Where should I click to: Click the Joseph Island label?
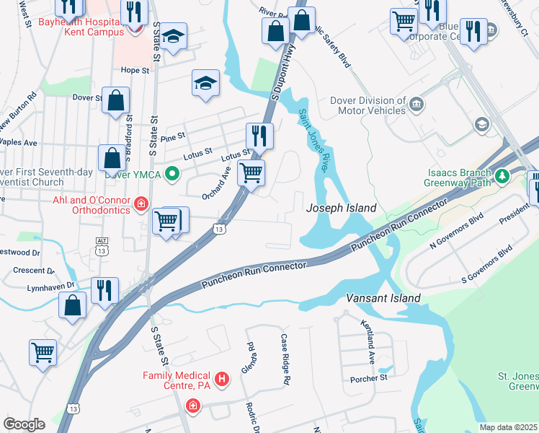(341, 208)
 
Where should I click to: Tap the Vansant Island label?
(383, 297)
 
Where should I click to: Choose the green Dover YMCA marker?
(171, 174)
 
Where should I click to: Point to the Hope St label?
(135, 71)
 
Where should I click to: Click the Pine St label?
(174, 136)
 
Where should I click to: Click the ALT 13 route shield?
(101, 245)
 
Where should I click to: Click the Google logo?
(24, 424)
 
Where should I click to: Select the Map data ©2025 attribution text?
(508, 427)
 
